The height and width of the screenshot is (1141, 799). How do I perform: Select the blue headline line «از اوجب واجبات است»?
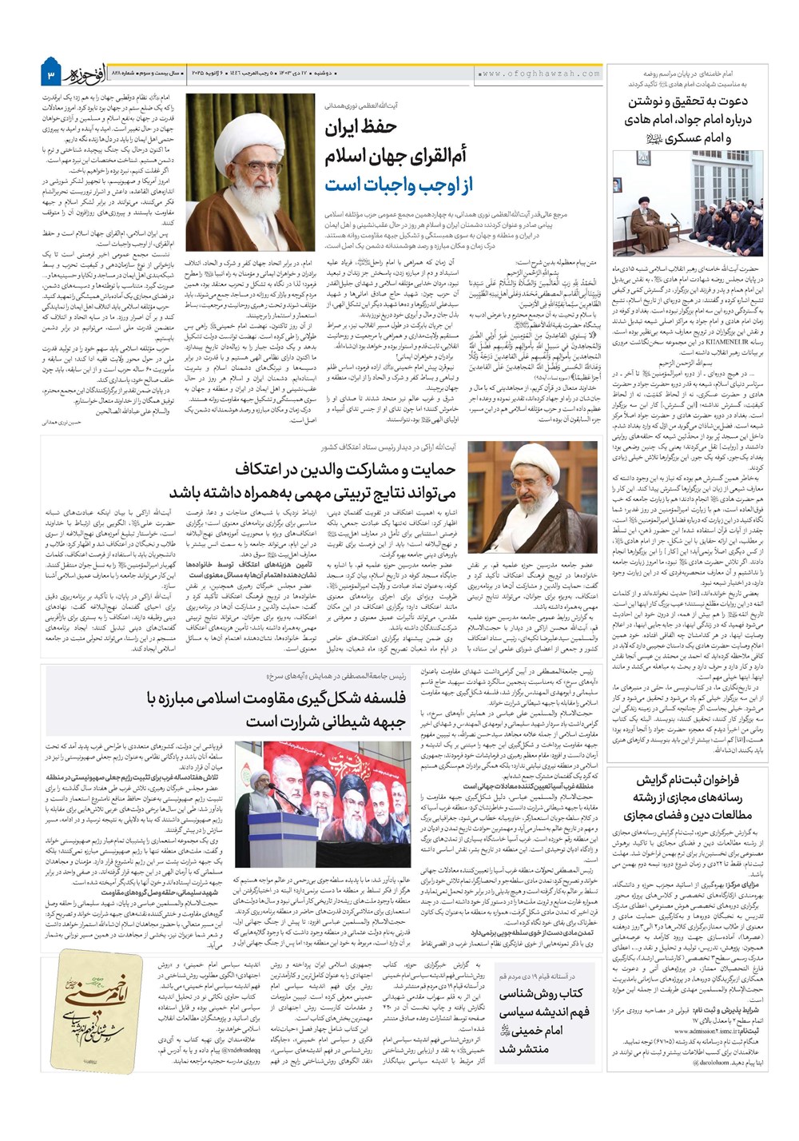click(x=399, y=185)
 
